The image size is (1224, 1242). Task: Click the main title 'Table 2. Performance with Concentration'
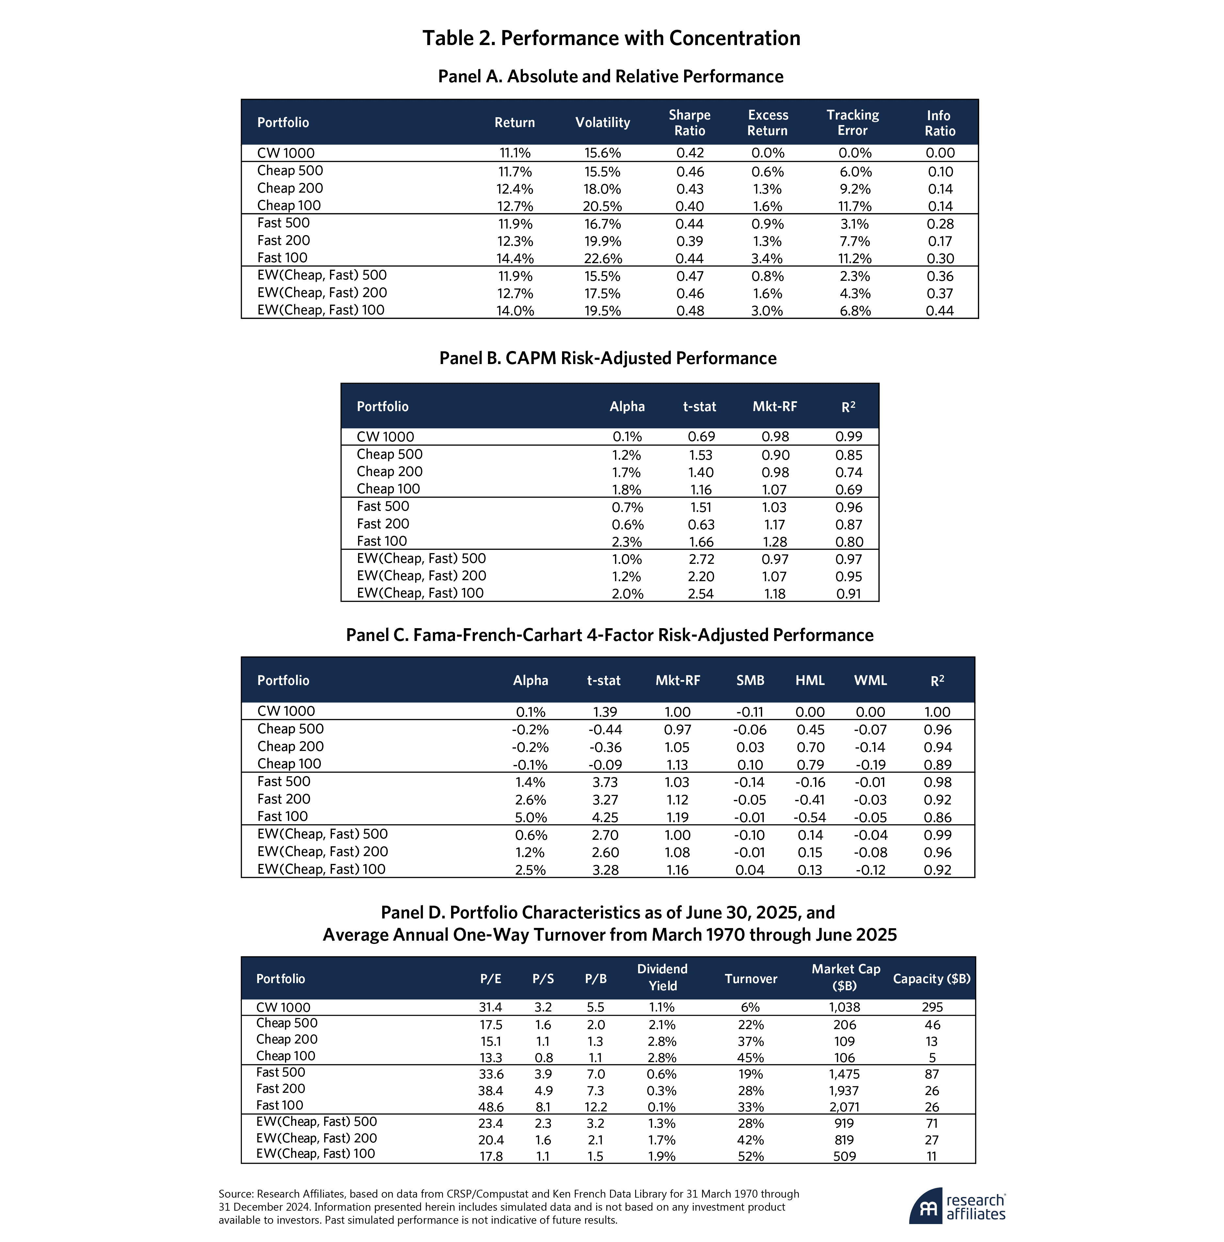(x=611, y=38)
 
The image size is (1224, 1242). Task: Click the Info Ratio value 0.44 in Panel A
(x=939, y=310)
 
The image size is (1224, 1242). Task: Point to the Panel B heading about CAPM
(x=608, y=358)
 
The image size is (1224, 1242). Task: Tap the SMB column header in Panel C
(x=750, y=680)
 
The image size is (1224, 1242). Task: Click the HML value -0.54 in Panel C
(x=809, y=817)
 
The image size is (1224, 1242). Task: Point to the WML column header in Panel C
(x=870, y=680)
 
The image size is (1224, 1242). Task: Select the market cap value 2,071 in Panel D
(x=844, y=1107)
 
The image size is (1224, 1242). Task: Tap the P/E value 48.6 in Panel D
(x=491, y=1107)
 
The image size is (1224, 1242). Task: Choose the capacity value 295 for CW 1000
(x=932, y=1007)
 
